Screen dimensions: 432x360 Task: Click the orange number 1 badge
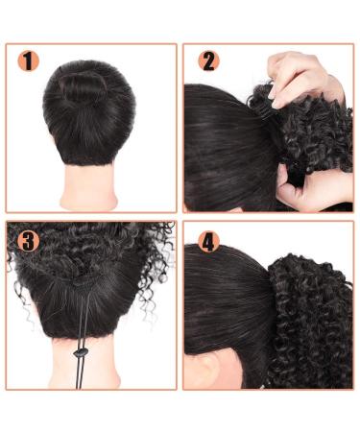pyautogui.click(x=30, y=62)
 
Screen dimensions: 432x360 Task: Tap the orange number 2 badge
pyautogui.click(x=208, y=62)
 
